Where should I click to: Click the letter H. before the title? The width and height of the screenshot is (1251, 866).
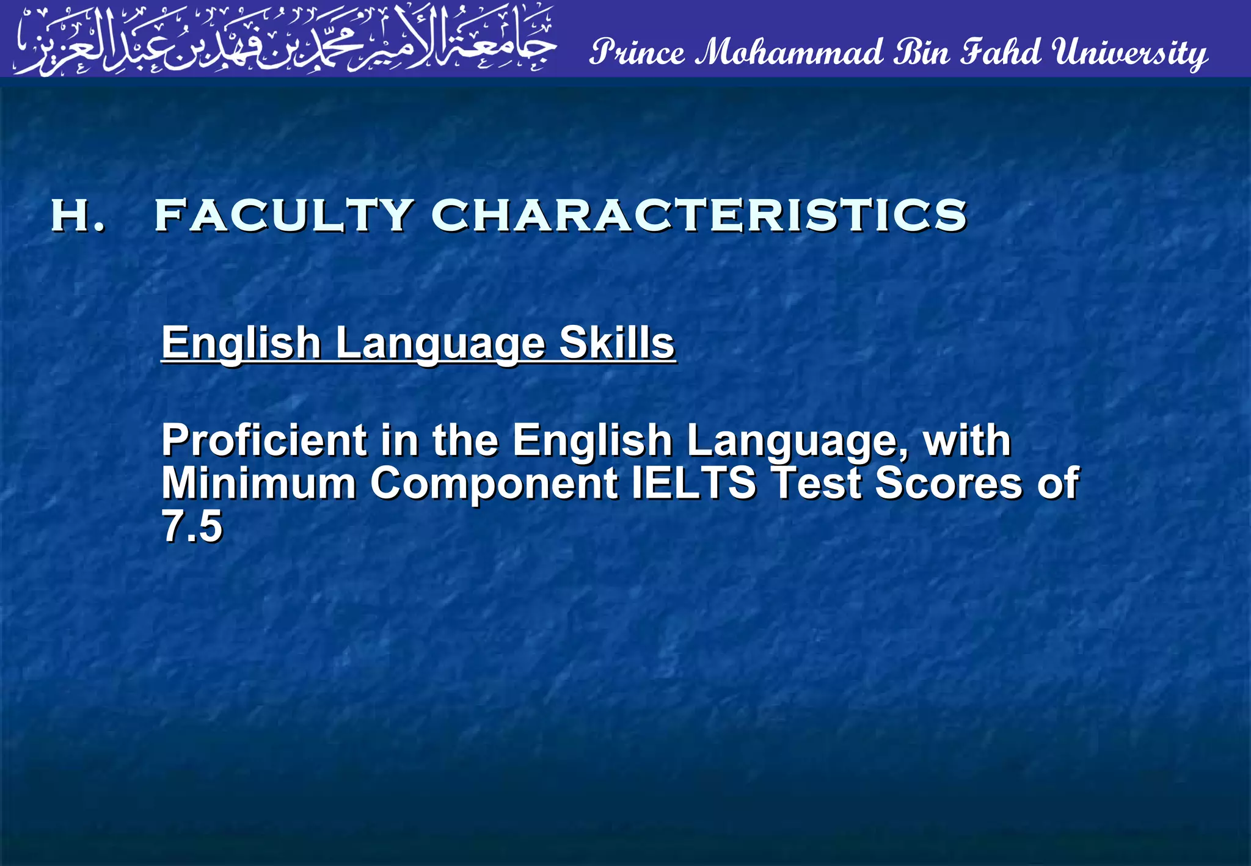(x=77, y=216)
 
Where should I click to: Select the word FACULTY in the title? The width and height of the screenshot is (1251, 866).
(x=284, y=216)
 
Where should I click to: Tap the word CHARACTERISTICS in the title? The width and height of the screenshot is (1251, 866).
(x=699, y=216)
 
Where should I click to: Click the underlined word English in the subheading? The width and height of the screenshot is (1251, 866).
(x=241, y=343)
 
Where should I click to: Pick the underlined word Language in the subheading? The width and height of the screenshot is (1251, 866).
(x=440, y=343)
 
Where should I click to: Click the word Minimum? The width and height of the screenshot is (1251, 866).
(x=258, y=483)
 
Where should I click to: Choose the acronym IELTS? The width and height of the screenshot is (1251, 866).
(x=693, y=483)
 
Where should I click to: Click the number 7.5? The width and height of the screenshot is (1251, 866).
(x=192, y=526)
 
